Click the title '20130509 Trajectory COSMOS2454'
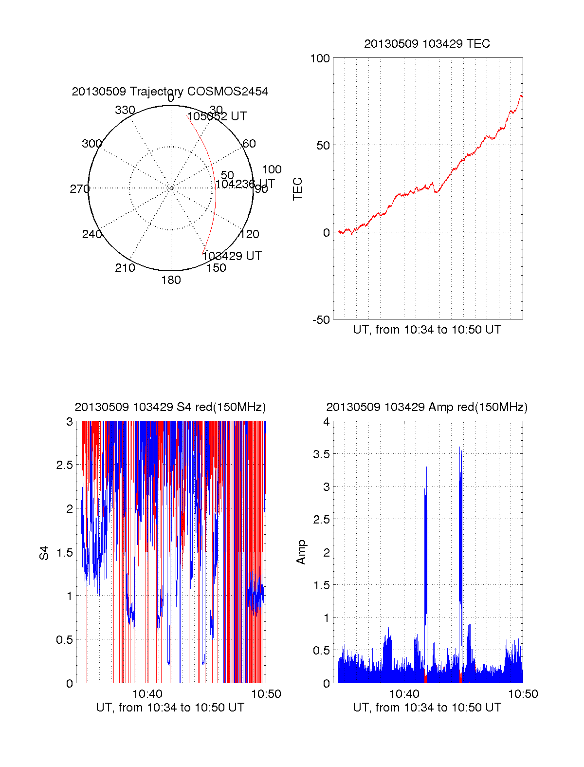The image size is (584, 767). click(170, 92)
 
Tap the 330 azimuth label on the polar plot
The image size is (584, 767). click(125, 110)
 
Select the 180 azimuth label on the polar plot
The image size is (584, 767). click(171, 280)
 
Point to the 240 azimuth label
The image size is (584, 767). click(91, 234)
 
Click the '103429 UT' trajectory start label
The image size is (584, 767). click(232, 256)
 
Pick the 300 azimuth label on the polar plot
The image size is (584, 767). click(91, 144)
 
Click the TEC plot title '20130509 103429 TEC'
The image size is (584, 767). click(427, 44)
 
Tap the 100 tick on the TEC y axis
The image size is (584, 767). click(320, 58)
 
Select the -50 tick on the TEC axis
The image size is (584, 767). click(321, 320)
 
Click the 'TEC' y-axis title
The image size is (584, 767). click(298, 188)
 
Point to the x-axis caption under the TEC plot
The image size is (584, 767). click(427, 330)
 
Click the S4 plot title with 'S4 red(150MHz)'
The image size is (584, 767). click(170, 407)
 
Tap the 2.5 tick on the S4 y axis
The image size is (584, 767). click(65, 465)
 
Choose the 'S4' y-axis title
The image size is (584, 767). click(44, 553)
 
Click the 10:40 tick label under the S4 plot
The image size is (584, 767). click(147, 694)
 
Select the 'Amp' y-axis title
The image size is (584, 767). click(301, 552)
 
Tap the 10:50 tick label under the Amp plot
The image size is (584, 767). click(523, 694)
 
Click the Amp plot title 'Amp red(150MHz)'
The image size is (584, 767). click(427, 407)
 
